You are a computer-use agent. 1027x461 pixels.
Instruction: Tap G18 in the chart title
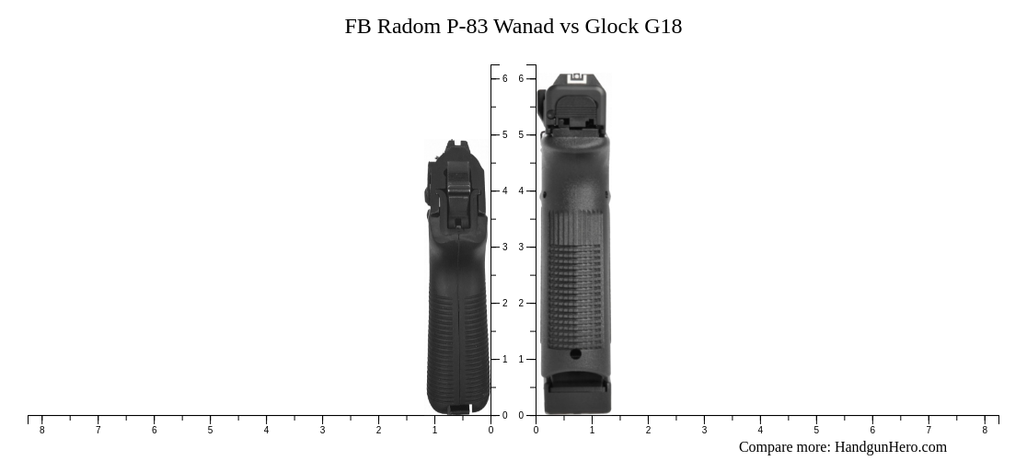pos(663,27)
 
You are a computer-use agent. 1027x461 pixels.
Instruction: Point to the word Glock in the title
pos(612,27)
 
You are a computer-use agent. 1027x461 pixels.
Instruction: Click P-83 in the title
pos(467,27)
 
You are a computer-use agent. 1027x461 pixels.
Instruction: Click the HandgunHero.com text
pos(890,447)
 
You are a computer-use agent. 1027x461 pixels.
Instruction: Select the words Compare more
pos(784,447)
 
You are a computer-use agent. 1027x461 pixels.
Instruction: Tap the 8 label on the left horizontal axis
pos(41,430)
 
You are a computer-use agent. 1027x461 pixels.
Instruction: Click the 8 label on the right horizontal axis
pos(985,430)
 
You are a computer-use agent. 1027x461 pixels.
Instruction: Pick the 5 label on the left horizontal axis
pos(210,430)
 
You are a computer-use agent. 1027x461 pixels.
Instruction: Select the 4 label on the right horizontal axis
pos(760,430)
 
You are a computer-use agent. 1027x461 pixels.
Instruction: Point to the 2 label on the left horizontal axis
pos(378,430)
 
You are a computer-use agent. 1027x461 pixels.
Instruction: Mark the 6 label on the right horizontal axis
pos(872,430)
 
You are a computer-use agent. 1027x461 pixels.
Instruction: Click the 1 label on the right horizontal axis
pos(592,430)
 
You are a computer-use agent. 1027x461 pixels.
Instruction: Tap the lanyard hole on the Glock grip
pos(575,353)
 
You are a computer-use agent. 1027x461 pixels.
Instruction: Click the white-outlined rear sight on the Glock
pos(577,81)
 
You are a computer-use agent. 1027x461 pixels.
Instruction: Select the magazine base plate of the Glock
pos(577,398)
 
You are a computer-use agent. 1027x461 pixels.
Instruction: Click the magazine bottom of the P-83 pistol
pos(458,406)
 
